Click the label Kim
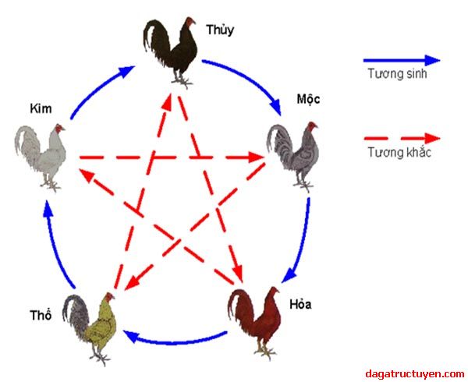coord(41,108)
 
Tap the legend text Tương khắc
coord(399,152)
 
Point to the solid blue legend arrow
coord(402,59)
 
